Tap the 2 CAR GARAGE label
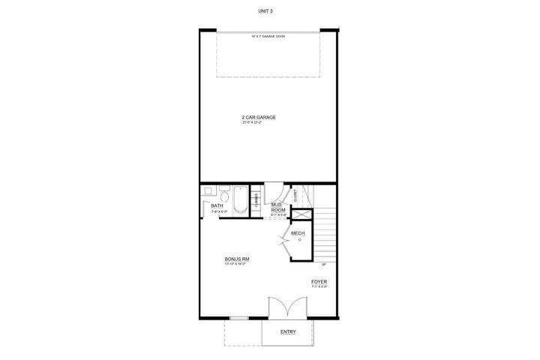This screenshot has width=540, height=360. pos(259,118)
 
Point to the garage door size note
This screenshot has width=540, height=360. pos(268,35)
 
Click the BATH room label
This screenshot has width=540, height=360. pos(216,205)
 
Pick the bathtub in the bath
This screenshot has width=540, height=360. pos(238,200)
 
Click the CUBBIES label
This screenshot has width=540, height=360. pos(256,199)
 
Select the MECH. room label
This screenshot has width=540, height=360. pos(297,233)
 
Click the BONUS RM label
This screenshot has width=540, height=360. pos(237,259)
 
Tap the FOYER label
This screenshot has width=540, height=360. pos(319,282)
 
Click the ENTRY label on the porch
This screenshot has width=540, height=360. pos(288,331)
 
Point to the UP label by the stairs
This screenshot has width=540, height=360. pos(324,264)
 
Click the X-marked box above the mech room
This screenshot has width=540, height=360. pos(300,215)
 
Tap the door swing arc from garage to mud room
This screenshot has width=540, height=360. pos(274,192)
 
